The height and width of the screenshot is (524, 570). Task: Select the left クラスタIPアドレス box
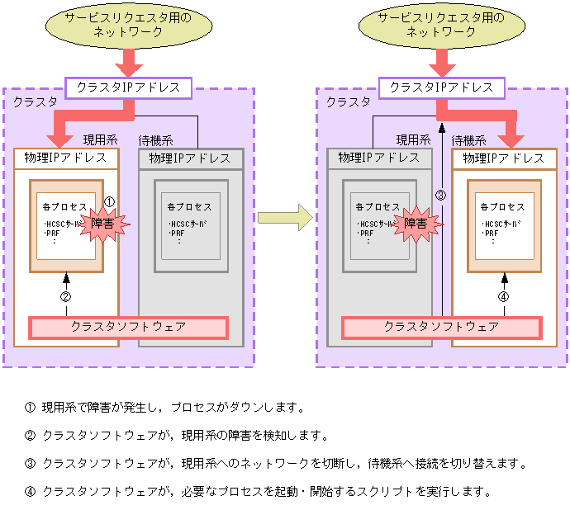point(127,87)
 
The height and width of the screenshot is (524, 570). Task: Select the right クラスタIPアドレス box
point(441,87)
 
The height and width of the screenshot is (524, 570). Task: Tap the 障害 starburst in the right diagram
point(415,224)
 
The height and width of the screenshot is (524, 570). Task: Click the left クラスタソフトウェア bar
point(128,328)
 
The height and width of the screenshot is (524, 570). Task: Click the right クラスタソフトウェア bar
point(441,328)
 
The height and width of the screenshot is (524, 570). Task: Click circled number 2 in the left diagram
point(66,297)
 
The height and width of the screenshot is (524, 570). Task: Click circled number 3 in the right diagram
point(440,196)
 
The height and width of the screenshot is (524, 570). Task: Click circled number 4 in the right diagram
point(503,297)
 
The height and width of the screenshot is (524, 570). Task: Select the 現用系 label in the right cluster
point(413,140)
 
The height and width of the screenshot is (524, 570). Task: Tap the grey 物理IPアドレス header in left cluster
point(190,158)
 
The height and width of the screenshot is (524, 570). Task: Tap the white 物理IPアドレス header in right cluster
point(504,158)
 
